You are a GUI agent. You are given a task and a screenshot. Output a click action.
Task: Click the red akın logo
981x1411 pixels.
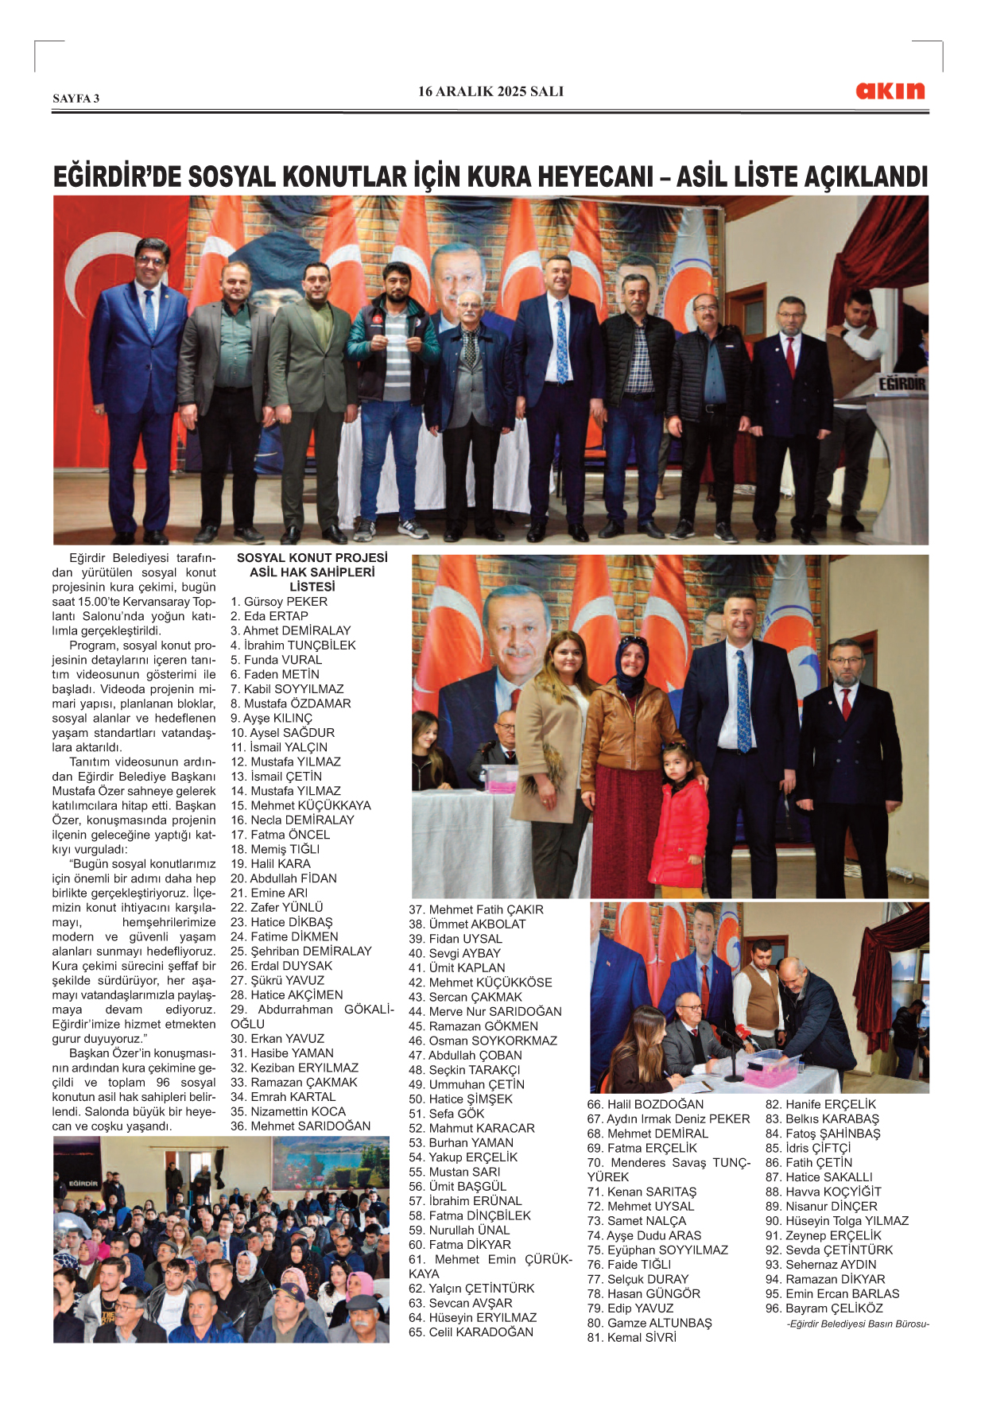890,91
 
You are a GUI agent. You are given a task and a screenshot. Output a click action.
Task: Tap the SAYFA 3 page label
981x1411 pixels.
76,99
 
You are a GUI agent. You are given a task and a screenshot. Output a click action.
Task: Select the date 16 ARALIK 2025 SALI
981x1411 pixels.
490,91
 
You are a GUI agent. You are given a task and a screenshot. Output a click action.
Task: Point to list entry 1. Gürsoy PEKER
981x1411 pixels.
279,602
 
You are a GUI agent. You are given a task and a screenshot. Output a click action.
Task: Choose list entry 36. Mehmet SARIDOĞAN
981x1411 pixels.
301,1126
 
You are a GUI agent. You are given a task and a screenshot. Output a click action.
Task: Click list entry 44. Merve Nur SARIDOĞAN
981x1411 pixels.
485,1011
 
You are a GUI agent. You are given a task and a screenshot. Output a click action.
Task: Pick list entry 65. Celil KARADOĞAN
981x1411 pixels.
471,1332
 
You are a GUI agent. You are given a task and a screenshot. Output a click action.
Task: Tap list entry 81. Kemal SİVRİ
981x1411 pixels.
631,1337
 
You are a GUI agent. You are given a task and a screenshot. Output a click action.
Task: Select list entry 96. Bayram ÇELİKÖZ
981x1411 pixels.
824,1308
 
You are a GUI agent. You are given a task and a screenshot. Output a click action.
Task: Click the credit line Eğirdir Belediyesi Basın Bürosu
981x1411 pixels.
858,1324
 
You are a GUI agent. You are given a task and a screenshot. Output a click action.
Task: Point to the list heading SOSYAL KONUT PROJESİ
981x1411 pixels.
312,558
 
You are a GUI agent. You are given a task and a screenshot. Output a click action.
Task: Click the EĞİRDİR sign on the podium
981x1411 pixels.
902,385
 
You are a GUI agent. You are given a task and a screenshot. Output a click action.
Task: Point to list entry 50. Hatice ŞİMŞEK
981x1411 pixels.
460,1099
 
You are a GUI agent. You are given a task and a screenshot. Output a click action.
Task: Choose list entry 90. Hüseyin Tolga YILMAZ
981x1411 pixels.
836,1221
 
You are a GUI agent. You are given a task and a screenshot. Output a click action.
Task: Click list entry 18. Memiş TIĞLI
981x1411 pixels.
275,849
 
